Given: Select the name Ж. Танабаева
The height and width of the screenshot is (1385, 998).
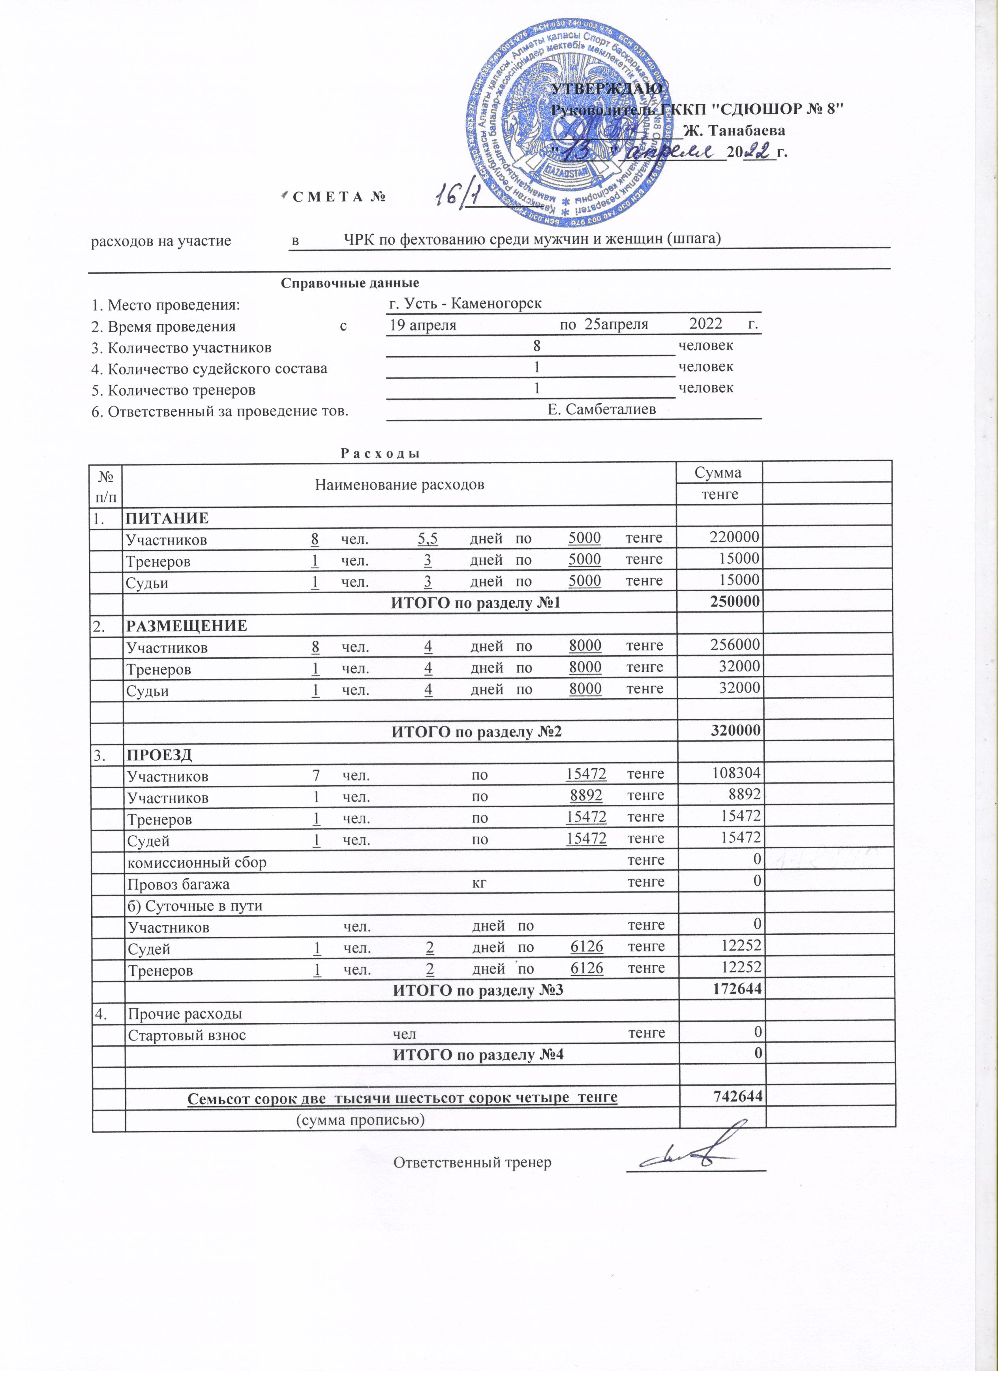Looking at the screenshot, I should (734, 130).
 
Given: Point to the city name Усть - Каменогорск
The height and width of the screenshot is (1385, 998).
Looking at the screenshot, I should (465, 304).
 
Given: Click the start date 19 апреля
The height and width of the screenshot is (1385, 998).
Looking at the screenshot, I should (423, 324).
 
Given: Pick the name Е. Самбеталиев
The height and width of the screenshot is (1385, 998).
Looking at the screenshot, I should (602, 409).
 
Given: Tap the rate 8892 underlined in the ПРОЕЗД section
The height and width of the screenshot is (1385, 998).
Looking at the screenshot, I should (586, 795).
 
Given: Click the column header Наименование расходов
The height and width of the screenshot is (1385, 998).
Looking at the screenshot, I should (400, 485).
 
